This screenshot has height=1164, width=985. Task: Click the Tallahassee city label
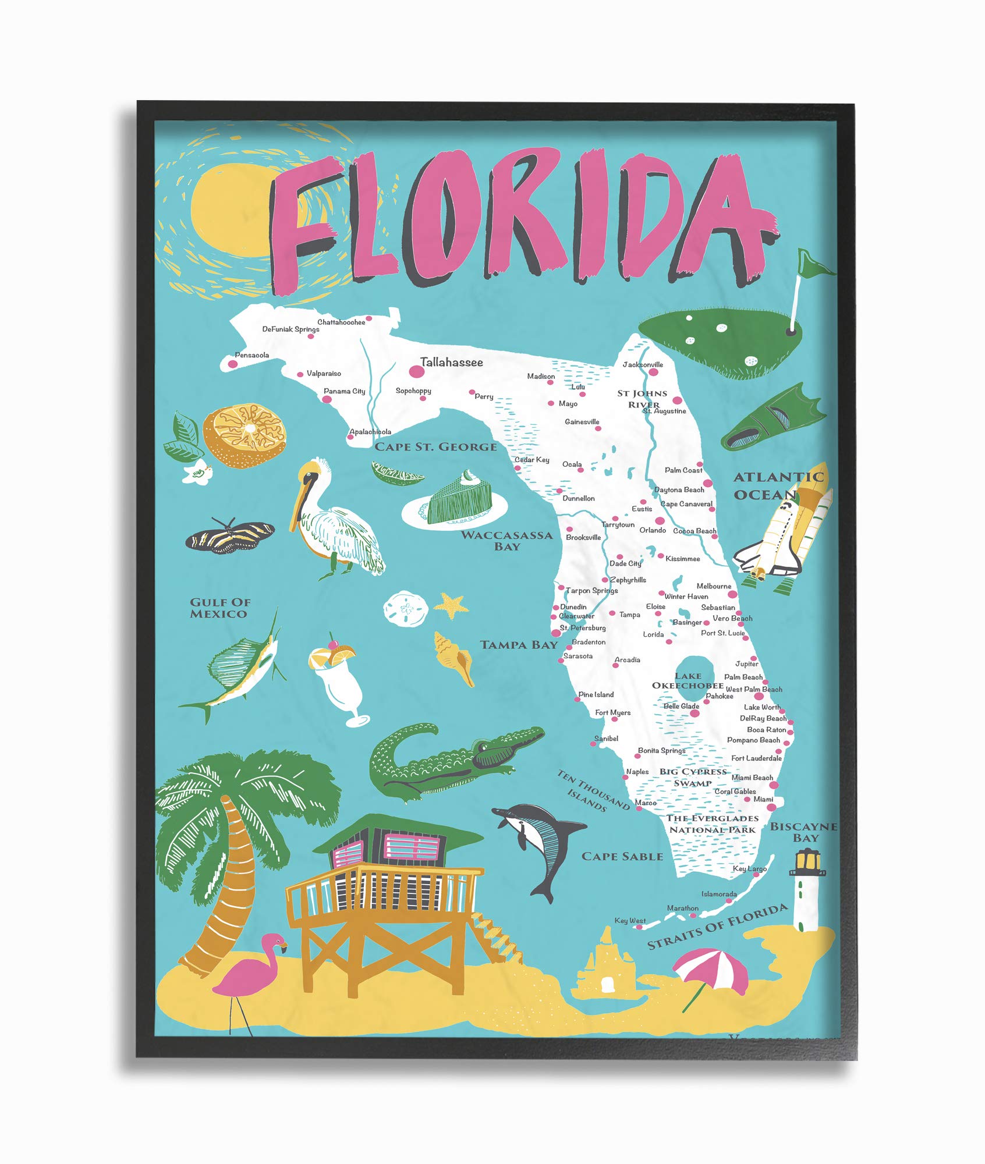(451, 363)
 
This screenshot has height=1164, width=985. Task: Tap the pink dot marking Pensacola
(233, 364)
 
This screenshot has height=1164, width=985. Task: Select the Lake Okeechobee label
(688, 680)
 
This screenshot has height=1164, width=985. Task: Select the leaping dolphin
(539, 842)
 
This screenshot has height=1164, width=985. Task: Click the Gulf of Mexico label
(219, 608)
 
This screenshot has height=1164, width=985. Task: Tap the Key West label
(630, 921)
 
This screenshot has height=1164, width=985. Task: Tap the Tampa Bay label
(519, 645)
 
